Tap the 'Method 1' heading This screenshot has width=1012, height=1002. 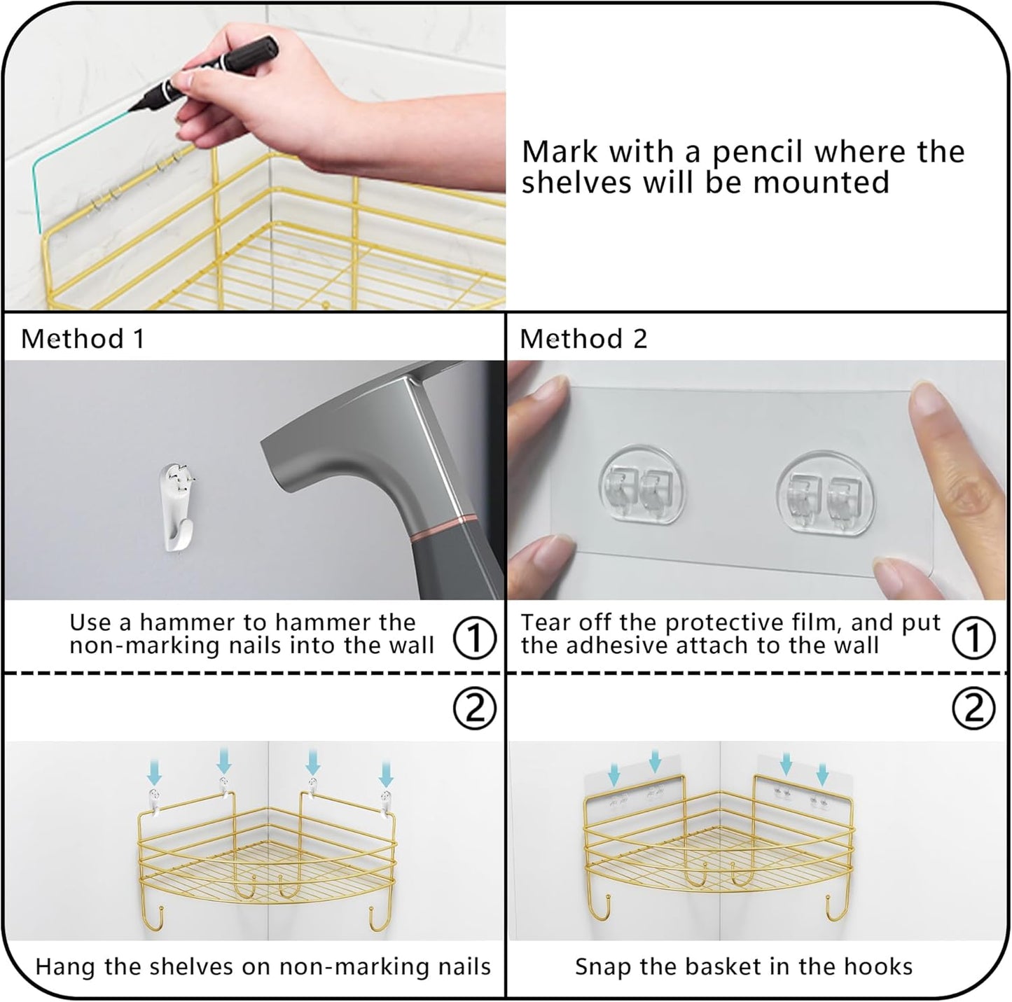[83, 339]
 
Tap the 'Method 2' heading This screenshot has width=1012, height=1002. [583, 339]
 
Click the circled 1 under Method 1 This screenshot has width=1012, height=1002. [475, 637]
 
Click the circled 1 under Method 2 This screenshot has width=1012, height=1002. [973, 637]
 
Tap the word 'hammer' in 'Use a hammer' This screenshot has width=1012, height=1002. [187, 622]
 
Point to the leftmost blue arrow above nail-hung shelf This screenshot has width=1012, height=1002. [155, 773]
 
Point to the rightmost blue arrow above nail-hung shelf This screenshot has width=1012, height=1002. [385, 773]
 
